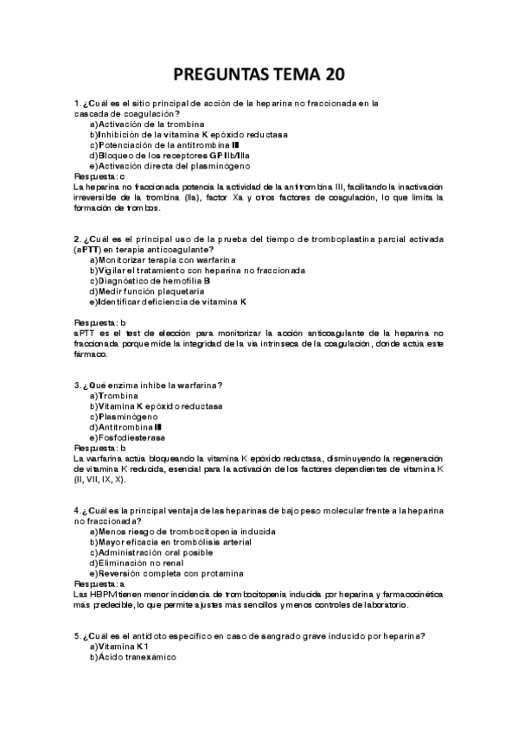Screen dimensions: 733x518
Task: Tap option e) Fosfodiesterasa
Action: [x=125, y=437]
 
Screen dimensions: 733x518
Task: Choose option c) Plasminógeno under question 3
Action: [x=121, y=417]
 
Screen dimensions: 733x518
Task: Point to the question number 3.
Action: [x=77, y=386]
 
